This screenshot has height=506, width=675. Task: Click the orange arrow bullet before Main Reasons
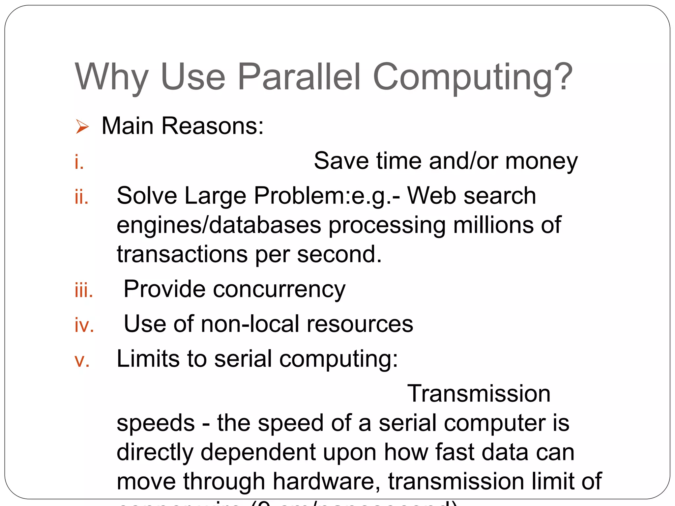pos(82,127)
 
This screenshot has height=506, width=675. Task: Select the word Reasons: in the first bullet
pos(213,126)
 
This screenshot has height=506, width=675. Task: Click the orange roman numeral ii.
pos(81,197)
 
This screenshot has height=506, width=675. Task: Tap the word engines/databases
pos(219,226)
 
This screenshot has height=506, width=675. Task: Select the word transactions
pos(182,254)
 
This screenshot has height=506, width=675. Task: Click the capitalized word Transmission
pos(479,394)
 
